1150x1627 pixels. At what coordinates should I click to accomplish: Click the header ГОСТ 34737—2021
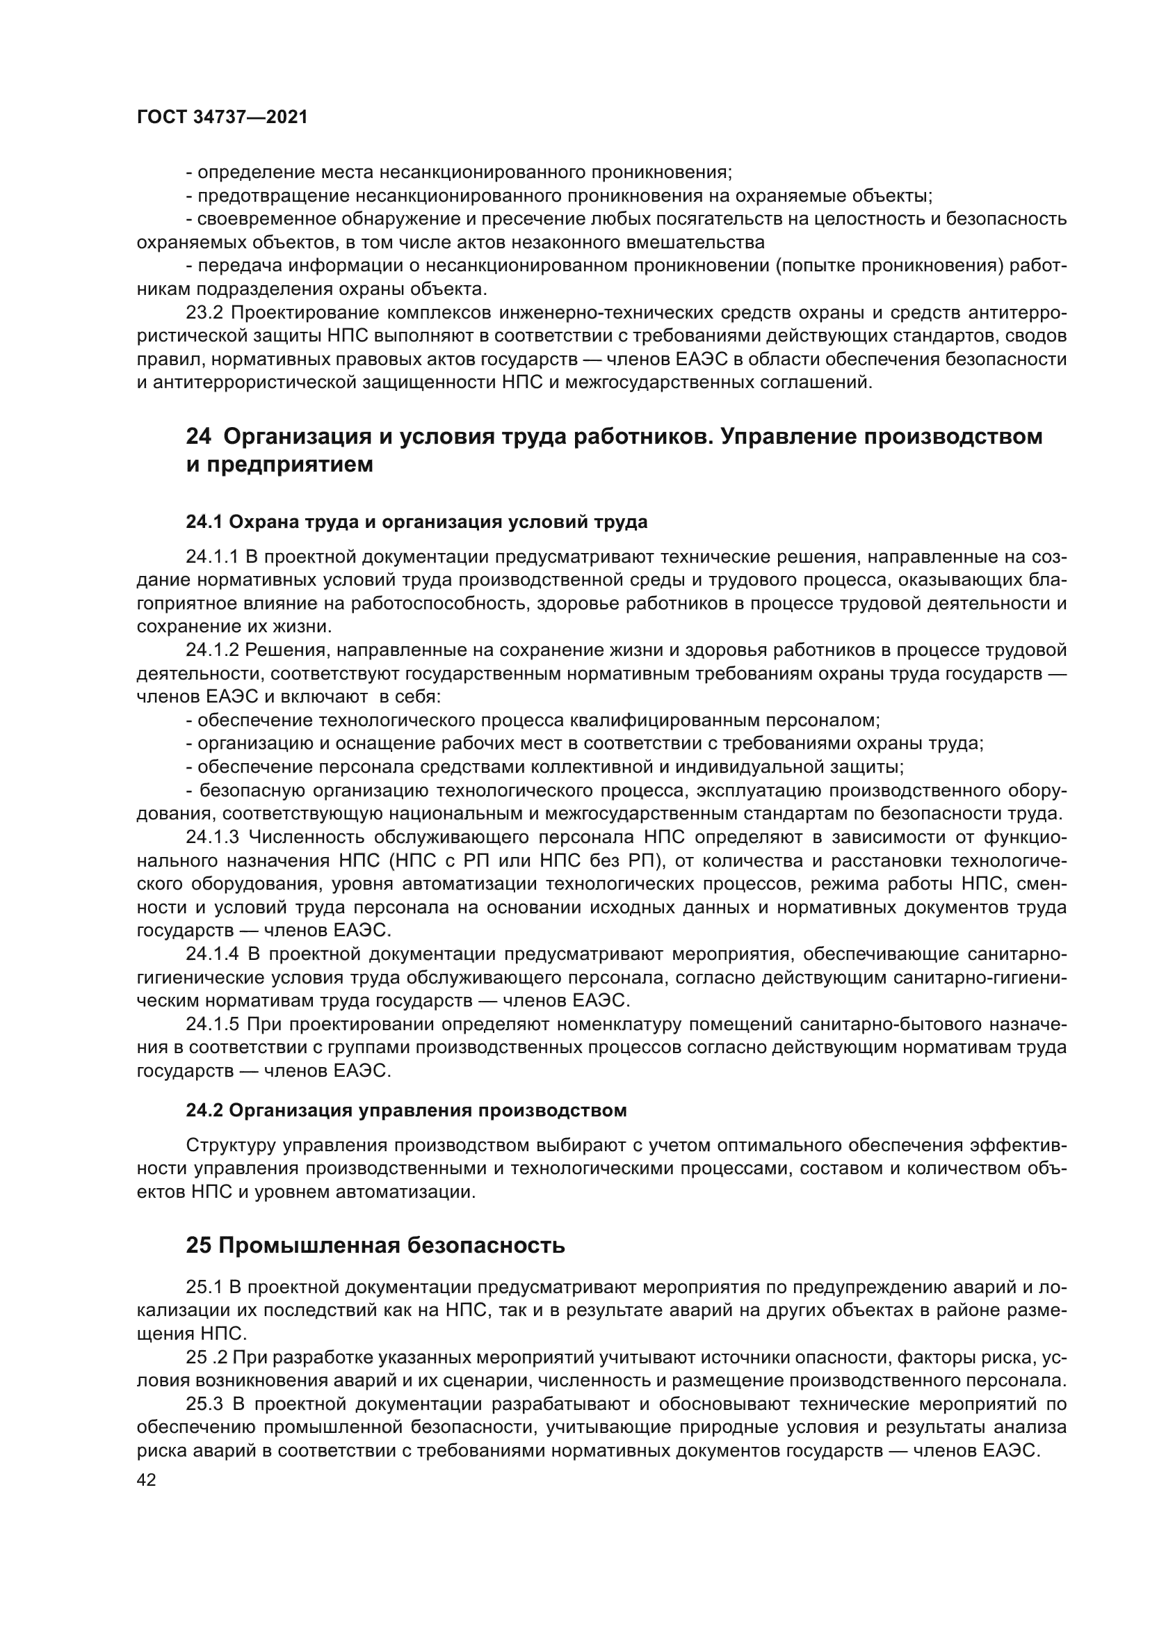(x=222, y=118)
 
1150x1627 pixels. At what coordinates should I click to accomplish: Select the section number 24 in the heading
(x=198, y=437)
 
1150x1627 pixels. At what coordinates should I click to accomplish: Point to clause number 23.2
(x=204, y=312)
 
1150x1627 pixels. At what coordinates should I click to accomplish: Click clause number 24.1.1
(x=212, y=557)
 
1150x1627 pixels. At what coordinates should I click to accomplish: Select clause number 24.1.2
(x=212, y=650)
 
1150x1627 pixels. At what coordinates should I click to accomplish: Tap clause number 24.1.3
(x=212, y=837)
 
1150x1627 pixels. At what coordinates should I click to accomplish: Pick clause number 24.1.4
(x=212, y=954)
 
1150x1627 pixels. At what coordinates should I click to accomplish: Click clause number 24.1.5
(x=212, y=1025)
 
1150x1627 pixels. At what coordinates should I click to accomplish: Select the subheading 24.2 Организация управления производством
(x=406, y=1110)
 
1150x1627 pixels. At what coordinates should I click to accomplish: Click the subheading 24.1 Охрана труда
(x=416, y=522)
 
